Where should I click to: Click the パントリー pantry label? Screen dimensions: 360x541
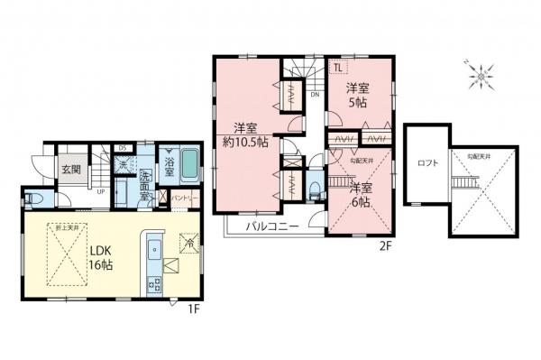pyautogui.click(x=180, y=196)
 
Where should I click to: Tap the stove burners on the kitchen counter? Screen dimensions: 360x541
pyautogui.click(x=151, y=282)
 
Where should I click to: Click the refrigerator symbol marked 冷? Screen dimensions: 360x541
pyautogui.click(x=190, y=241)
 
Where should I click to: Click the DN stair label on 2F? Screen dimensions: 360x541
pyautogui.click(x=314, y=93)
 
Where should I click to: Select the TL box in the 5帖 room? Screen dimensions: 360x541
pyautogui.click(x=336, y=67)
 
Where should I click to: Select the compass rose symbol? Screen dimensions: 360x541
pyautogui.click(x=482, y=77)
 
